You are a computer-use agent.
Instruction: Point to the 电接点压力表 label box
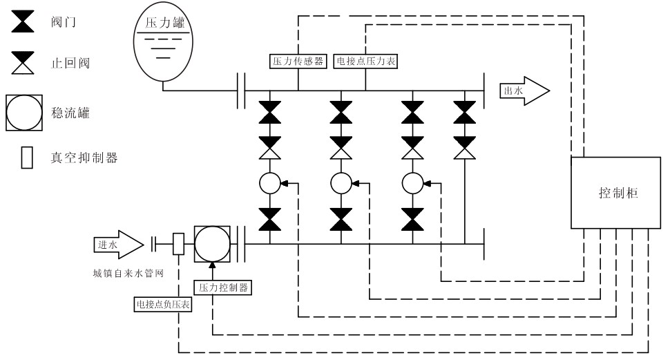click(x=365, y=60)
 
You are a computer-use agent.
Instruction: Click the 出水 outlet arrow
click(x=525, y=91)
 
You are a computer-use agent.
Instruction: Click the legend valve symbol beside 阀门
click(x=25, y=22)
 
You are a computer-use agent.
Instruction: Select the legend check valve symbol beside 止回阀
click(x=25, y=64)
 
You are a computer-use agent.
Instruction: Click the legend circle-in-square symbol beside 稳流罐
click(x=26, y=111)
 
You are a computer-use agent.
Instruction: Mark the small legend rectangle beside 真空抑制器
click(x=28, y=158)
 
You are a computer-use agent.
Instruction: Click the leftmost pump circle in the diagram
click(x=269, y=183)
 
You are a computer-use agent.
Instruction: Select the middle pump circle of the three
click(x=341, y=183)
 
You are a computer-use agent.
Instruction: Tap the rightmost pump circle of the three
click(x=412, y=183)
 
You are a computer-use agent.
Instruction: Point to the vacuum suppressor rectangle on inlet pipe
click(x=178, y=243)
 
